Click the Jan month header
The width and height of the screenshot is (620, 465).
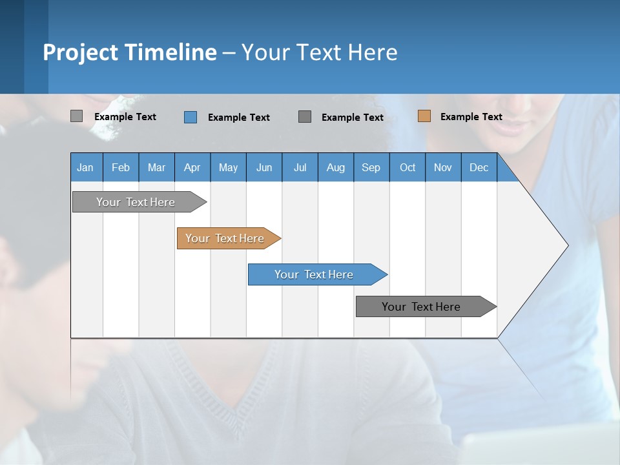(x=85, y=167)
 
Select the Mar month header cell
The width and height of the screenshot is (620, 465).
(x=156, y=167)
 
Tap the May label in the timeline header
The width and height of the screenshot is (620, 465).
(x=228, y=167)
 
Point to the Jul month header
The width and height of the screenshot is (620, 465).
(x=300, y=167)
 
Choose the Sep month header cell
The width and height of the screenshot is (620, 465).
(x=371, y=167)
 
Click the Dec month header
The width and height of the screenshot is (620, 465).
(x=479, y=167)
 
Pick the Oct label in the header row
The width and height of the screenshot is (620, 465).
(x=408, y=167)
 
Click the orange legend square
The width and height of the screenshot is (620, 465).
(x=424, y=116)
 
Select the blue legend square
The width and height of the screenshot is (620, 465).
(x=191, y=117)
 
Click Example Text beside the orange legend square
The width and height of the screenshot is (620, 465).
(x=471, y=117)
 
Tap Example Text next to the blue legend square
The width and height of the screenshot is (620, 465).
(x=238, y=118)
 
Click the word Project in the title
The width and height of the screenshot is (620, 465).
(x=80, y=52)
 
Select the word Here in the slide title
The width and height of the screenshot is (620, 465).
(x=373, y=52)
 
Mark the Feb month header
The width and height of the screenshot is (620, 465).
(x=121, y=167)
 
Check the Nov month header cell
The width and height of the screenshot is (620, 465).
(x=443, y=167)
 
